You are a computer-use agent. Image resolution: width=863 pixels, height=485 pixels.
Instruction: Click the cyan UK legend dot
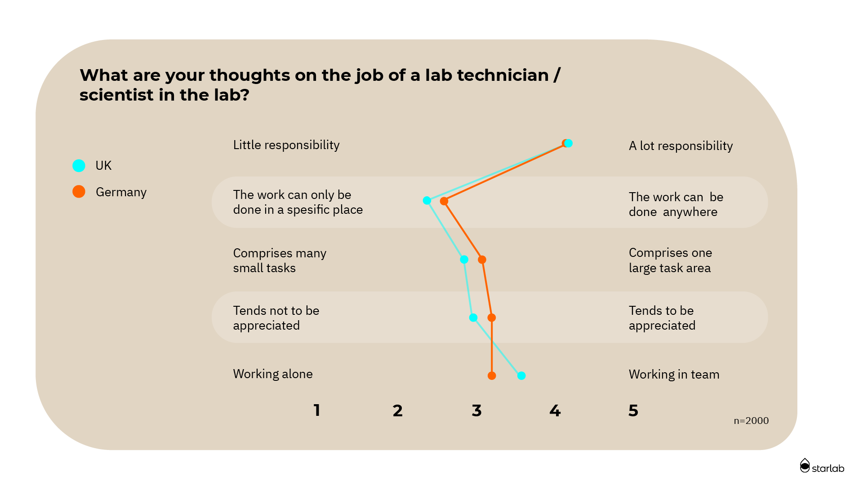(79, 166)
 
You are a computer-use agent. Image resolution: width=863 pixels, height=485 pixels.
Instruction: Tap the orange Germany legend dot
(79, 192)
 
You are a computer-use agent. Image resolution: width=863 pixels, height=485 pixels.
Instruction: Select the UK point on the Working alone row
(521, 375)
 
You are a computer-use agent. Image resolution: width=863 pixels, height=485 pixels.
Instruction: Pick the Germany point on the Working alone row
(492, 375)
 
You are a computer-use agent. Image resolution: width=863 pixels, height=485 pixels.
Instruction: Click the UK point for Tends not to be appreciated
(473, 317)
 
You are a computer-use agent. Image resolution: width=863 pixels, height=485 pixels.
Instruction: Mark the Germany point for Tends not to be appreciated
(492, 317)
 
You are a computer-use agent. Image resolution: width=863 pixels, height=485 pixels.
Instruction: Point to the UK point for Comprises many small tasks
(464, 260)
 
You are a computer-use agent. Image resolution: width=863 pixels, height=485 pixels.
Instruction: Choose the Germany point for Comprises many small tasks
(482, 260)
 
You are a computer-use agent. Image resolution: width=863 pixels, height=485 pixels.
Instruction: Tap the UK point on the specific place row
(427, 200)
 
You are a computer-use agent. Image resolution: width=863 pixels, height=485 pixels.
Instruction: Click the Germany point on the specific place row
(444, 201)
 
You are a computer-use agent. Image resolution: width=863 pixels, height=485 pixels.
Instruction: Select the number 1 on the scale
(317, 410)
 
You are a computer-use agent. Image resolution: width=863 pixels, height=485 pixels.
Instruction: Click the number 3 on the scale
(476, 410)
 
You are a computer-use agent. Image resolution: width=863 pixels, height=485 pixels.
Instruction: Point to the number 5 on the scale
(633, 410)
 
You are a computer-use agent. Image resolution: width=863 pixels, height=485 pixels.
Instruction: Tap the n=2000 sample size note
(751, 421)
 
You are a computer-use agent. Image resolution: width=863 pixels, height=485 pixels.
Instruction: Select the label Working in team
(674, 375)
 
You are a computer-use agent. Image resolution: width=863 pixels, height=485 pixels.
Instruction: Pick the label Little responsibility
(286, 145)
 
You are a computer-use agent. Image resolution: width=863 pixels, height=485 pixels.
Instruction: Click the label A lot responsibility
(681, 146)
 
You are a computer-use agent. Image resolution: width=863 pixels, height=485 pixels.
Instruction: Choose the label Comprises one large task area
(670, 260)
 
